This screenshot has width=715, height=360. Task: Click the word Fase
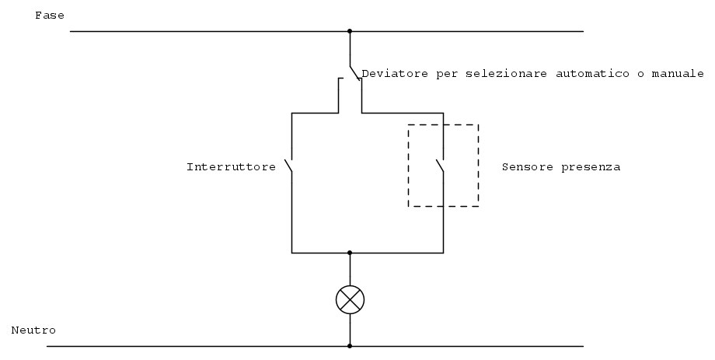(x=50, y=16)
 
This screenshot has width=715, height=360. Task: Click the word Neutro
(x=33, y=330)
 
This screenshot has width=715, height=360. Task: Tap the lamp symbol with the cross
(x=351, y=300)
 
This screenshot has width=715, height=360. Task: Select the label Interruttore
(x=231, y=167)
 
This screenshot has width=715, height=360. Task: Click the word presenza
(x=591, y=167)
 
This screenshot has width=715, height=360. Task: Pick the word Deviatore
(x=395, y=73)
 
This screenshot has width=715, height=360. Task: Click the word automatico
(x=592, y=73)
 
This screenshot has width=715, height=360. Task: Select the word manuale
(x=678, y=73)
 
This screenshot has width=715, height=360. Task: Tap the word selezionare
(x=506, y=73)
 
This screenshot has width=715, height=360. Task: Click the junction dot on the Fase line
(x=350, y=31)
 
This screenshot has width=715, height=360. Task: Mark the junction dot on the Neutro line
(x=350, y=346)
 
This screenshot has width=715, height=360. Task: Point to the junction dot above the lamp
(x=350, y=253)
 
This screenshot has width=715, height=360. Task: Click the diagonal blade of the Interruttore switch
(x=288, y=166)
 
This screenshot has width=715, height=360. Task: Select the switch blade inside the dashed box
(x=440, y=166)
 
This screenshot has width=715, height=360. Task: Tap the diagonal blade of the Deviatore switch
(x=354, y=72)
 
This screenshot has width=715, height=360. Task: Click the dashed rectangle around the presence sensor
(x=408, y=165)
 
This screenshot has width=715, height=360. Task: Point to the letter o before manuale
(x=640, y=75)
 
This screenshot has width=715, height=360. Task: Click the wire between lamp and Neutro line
(x=350, y=330)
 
